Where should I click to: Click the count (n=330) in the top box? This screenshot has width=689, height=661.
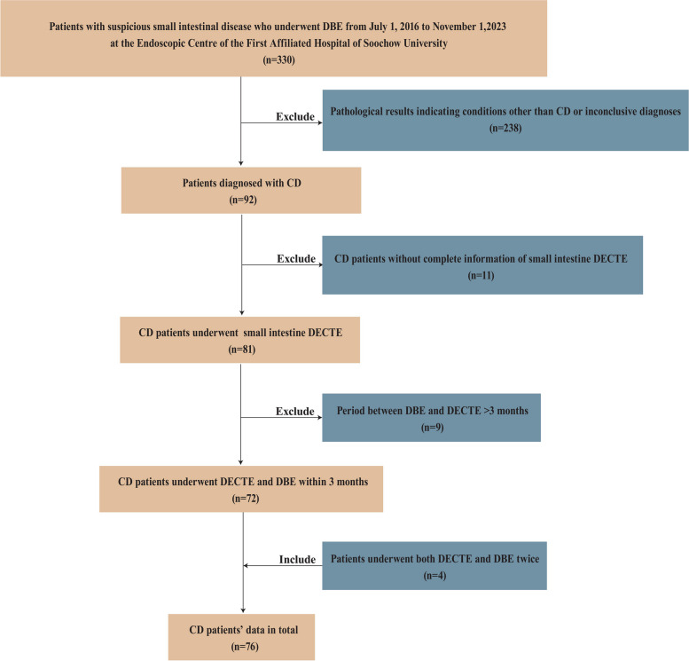278,59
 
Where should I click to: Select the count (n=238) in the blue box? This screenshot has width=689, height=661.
505,128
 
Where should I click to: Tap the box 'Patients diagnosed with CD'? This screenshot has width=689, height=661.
241,191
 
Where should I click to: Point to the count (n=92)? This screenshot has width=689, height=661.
243,200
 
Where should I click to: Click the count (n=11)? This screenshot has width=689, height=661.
482,275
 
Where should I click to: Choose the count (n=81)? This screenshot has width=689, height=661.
242,350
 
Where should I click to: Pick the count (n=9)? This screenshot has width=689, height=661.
433,427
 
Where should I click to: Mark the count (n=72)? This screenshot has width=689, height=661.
246,499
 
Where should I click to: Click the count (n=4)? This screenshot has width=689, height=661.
435,575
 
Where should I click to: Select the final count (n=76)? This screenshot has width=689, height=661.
245,647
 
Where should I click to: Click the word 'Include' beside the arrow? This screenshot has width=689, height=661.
297,559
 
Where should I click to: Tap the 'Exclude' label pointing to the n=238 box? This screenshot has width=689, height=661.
295,116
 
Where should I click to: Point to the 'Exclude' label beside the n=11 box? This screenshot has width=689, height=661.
296,258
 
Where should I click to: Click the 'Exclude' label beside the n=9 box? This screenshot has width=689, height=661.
295,411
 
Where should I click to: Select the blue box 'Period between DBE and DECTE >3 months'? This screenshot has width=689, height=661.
432,418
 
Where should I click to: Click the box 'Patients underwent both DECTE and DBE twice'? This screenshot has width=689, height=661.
435,566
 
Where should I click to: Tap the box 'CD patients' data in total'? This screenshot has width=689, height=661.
242,637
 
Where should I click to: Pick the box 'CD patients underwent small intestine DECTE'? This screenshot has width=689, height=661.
240,340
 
